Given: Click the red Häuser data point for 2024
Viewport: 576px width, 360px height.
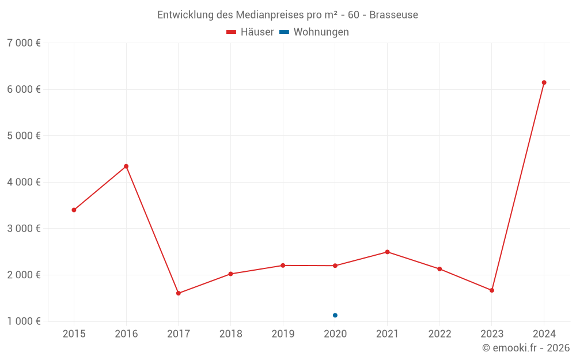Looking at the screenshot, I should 544,82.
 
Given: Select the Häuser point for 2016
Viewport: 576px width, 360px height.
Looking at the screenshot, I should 126,166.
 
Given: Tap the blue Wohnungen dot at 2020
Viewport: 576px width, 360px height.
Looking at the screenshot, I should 335,315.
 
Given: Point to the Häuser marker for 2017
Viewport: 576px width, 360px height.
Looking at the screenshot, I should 179,293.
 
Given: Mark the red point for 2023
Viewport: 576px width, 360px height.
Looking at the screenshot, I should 491,290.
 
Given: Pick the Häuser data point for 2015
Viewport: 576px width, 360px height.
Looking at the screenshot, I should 74,210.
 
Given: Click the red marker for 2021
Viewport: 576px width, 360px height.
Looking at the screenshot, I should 387,252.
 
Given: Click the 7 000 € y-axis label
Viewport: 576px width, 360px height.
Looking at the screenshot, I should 24,43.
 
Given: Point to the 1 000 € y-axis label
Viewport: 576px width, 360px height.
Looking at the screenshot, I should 24,321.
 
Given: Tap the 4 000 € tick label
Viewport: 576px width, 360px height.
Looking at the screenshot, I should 24,182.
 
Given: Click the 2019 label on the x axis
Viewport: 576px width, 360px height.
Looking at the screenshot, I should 283,334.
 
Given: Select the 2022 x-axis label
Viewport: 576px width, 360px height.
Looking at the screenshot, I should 439,334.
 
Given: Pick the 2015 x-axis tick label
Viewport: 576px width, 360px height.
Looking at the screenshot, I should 74,334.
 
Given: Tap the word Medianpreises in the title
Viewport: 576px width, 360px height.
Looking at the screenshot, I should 267,14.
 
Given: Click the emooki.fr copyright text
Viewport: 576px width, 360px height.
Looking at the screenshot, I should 526,348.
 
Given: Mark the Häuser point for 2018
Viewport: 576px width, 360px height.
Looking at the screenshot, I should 230,274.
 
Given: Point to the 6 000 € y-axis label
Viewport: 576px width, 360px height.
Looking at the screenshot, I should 24,89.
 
